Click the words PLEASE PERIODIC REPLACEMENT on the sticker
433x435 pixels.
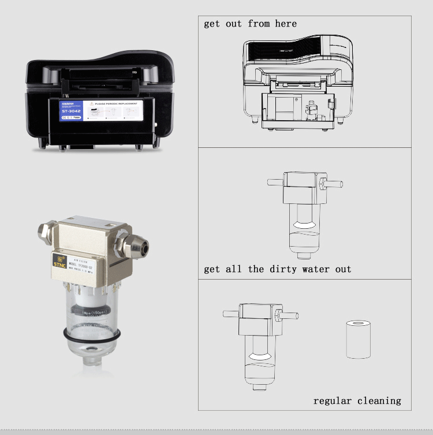(x=115, y=105)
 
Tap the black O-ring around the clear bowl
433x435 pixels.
(x=92, y=334)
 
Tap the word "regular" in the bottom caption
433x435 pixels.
(x=333, y=400)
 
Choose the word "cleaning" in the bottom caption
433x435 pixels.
(x=379, y=400)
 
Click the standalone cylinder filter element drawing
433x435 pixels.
(x=357, y=340)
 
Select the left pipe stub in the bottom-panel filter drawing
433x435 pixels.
(x=232, y=315)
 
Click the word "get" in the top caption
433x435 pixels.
(x=212, y=24)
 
